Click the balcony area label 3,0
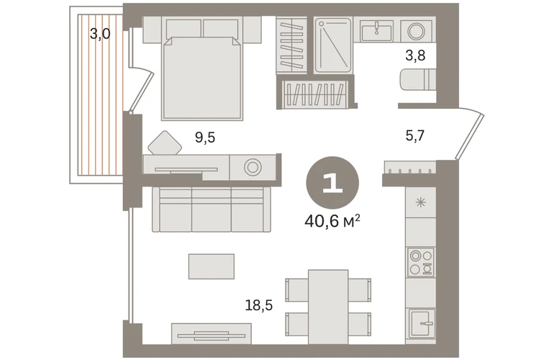point(100,34)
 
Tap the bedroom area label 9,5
point(205,138)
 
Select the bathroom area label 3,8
point(415,55)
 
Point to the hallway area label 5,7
point(415,135)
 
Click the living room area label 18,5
point(259,305)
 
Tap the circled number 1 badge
point(332,183)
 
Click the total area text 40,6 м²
point(332,221)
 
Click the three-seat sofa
point(212,210)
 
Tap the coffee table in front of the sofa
point(212,266)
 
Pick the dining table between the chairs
point(328,307)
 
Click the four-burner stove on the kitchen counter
point(420,262)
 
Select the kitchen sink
point(422,323)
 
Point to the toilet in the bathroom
point(417,80)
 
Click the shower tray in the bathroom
point(333,45)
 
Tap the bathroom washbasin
point(377,31)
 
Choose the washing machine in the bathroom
point(416,31)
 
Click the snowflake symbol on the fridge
point(420,203)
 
